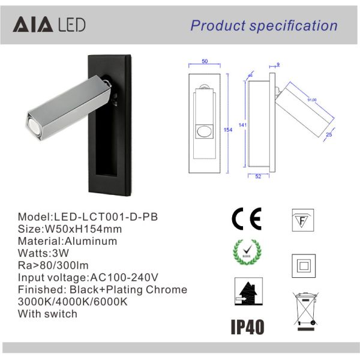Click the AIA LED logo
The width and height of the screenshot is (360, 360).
pyautogui.click(x=49, y=25)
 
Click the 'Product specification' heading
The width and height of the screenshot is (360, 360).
pyautogui.click(x=264, y=25)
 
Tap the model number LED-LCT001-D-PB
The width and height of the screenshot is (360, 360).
pyautogui.click(x=106, y=217)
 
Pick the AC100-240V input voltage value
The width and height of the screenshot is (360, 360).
pyautogui.click(x=124, y=277)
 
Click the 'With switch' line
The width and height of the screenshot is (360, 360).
pyautogui.click(x=47, y=314)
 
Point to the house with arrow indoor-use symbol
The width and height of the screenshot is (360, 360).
pyautogui.click(x=245, y=296)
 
